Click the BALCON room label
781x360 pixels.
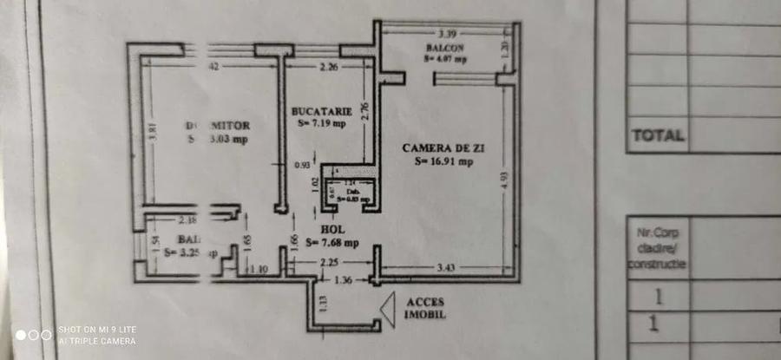tap(446, 47)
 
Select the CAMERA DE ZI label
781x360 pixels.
tap(443, 148)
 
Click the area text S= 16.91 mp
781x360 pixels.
tap(443, 160)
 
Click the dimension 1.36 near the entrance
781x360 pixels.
tap(343, 279)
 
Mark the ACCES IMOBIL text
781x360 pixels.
tap(425, 307)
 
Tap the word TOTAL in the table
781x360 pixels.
tap(657, 135)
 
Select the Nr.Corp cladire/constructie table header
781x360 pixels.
tap(657, 247)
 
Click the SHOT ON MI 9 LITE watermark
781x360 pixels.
tap(97, 330)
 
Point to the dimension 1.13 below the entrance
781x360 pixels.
tap(324, 303)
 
